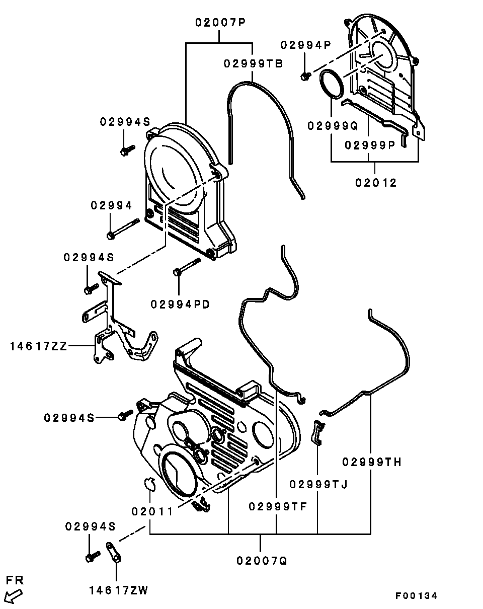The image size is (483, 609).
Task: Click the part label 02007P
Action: [x=220, y=23]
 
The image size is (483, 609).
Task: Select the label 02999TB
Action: [x=253, y=64]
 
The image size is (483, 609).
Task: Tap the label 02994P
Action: [x=306, y=45]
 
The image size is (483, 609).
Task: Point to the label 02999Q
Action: [x=333, y=126]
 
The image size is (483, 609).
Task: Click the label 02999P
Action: [x=370, y=145]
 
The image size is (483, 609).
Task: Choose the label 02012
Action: [x=376, y=183]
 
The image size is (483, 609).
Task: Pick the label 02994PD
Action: [x=180, y=304]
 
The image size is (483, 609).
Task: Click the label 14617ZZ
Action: [x=38, y=346]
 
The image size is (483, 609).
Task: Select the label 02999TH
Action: [x=372, y=462]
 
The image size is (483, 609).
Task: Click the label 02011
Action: [x=152, y=511]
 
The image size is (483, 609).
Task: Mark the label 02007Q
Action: [x=262, y=560]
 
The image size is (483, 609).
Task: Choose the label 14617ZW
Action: [x=119, y=590]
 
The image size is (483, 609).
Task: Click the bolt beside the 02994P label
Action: [x=305, y=76]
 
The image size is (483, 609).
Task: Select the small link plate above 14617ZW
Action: [x=114, y=552]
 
